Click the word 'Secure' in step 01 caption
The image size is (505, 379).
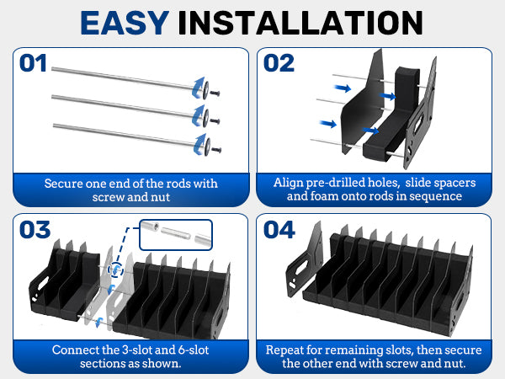[65, 182]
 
